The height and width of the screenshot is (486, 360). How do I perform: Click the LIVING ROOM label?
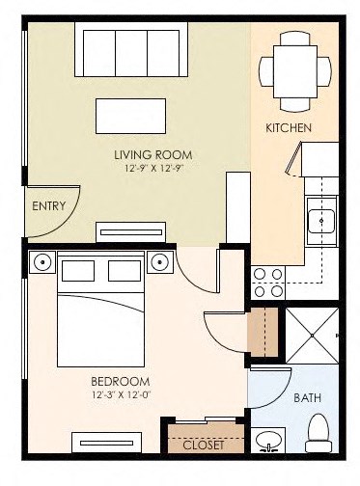(x=152, y=154)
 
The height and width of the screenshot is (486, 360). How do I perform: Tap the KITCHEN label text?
(x=288, y=127)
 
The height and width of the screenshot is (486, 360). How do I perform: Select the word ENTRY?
(x=48, y=205)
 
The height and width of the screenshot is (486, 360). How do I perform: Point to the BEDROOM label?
(x=123, y=382)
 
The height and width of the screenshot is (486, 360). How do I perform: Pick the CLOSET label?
(x=203, y=445)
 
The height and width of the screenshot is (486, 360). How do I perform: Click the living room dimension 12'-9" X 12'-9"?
(x=152, y=169)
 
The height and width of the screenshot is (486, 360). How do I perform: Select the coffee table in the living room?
(x=130, y=115)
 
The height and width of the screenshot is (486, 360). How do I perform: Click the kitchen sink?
(x=321, y=223)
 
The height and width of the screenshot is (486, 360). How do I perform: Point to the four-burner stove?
(x=266, y=281)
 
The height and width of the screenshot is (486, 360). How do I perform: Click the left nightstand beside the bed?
(x=42, y=262)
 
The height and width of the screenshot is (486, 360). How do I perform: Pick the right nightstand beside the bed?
(x=160, y=261)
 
